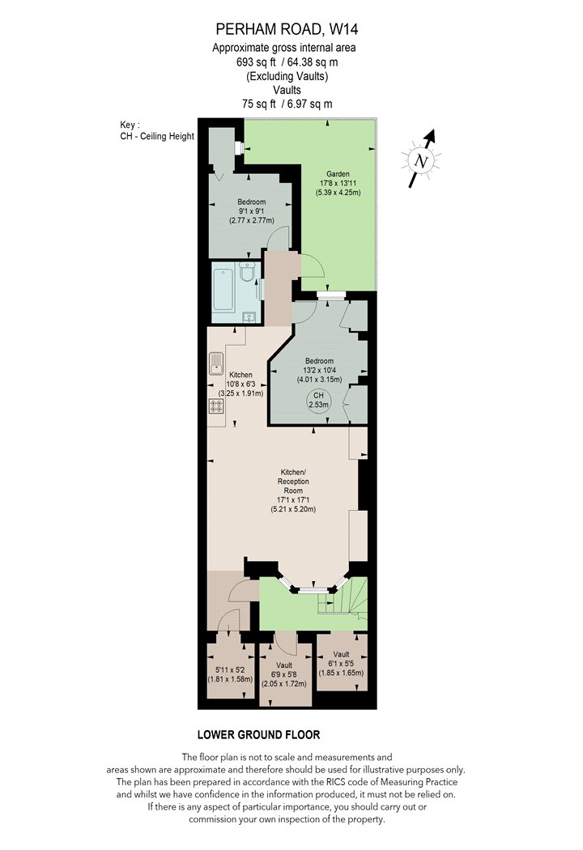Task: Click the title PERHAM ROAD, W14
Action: coord(287,28)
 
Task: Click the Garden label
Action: coord(338,174)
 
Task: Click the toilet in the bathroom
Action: coord(247,271)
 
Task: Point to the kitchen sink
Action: coord(215,363)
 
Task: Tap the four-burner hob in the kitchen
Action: coord(216,406)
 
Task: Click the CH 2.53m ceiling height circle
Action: coord(318,400)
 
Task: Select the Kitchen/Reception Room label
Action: coord(293,482)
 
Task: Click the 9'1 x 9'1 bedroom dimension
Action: coord(252,211)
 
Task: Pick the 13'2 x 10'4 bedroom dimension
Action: coord(319,370)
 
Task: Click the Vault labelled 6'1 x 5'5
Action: coord(341,663)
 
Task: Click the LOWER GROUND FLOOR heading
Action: coord(258,735)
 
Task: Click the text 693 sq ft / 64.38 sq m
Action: coord(287,62)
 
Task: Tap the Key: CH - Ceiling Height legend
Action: coord(157,130)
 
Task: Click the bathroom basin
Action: coord(250,317)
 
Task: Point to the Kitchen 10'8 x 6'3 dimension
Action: coord(240,384)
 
